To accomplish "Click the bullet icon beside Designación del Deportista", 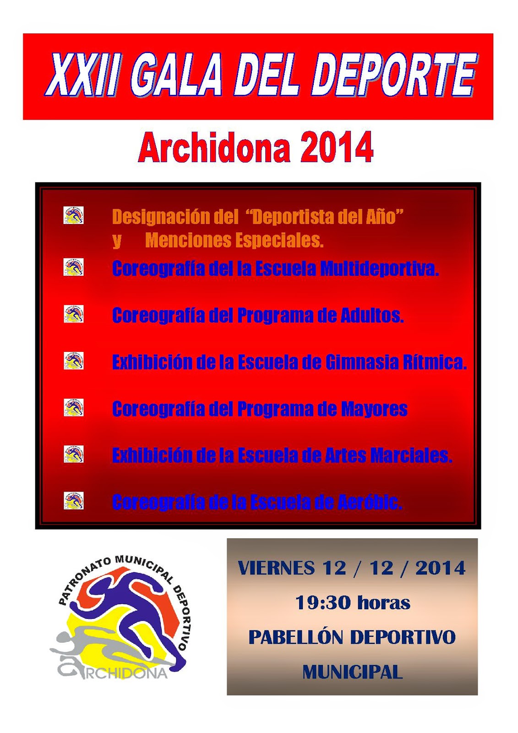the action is pyautogui.click(x=73, y=215).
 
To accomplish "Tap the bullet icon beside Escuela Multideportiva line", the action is pyautogui.click(x=73, y=267).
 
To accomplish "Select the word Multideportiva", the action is pyautogui.click(x=379, y=268).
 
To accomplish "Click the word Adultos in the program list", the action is pyautogui.click(x=372, y=315).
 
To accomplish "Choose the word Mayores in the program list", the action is pyautogui.click(x=374, y=409).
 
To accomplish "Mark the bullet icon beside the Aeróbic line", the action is pyautogui.click(x=73, y=501).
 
